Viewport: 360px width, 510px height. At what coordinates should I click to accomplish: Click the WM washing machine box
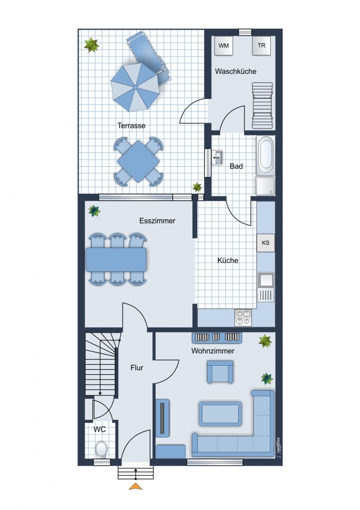[223, 45]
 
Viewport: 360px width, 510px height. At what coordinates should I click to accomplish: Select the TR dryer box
[262, 45]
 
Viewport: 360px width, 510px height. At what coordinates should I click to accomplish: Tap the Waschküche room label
[236, 71]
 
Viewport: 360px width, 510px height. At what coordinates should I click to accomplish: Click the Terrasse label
[132, 125]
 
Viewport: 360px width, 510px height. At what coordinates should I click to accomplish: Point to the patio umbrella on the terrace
[135, 87]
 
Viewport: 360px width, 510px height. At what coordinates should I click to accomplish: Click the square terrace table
[139, 161]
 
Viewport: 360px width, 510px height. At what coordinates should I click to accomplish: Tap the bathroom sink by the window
[217, 158]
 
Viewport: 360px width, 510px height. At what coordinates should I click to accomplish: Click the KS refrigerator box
[265, 243]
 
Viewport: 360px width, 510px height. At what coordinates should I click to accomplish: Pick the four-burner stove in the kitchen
[243, 317]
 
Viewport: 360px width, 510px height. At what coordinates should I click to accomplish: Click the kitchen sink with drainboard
[266, 287]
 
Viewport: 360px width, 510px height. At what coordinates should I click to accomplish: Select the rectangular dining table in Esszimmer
[116, 259]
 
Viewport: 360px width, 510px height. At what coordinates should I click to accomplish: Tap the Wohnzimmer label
[213, 351]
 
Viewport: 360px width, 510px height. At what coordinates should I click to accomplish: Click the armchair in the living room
[220, 371]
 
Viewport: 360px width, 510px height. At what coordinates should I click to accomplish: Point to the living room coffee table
[220, 414]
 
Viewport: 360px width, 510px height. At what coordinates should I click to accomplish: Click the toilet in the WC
[101, 449]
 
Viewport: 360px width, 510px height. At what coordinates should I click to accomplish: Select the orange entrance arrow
[136, 486]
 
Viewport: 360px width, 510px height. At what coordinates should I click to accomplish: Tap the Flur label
[137, 368]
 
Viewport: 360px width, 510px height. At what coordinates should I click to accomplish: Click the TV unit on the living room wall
[163, 418]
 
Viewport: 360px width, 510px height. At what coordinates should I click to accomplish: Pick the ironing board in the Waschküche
[263, 106]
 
